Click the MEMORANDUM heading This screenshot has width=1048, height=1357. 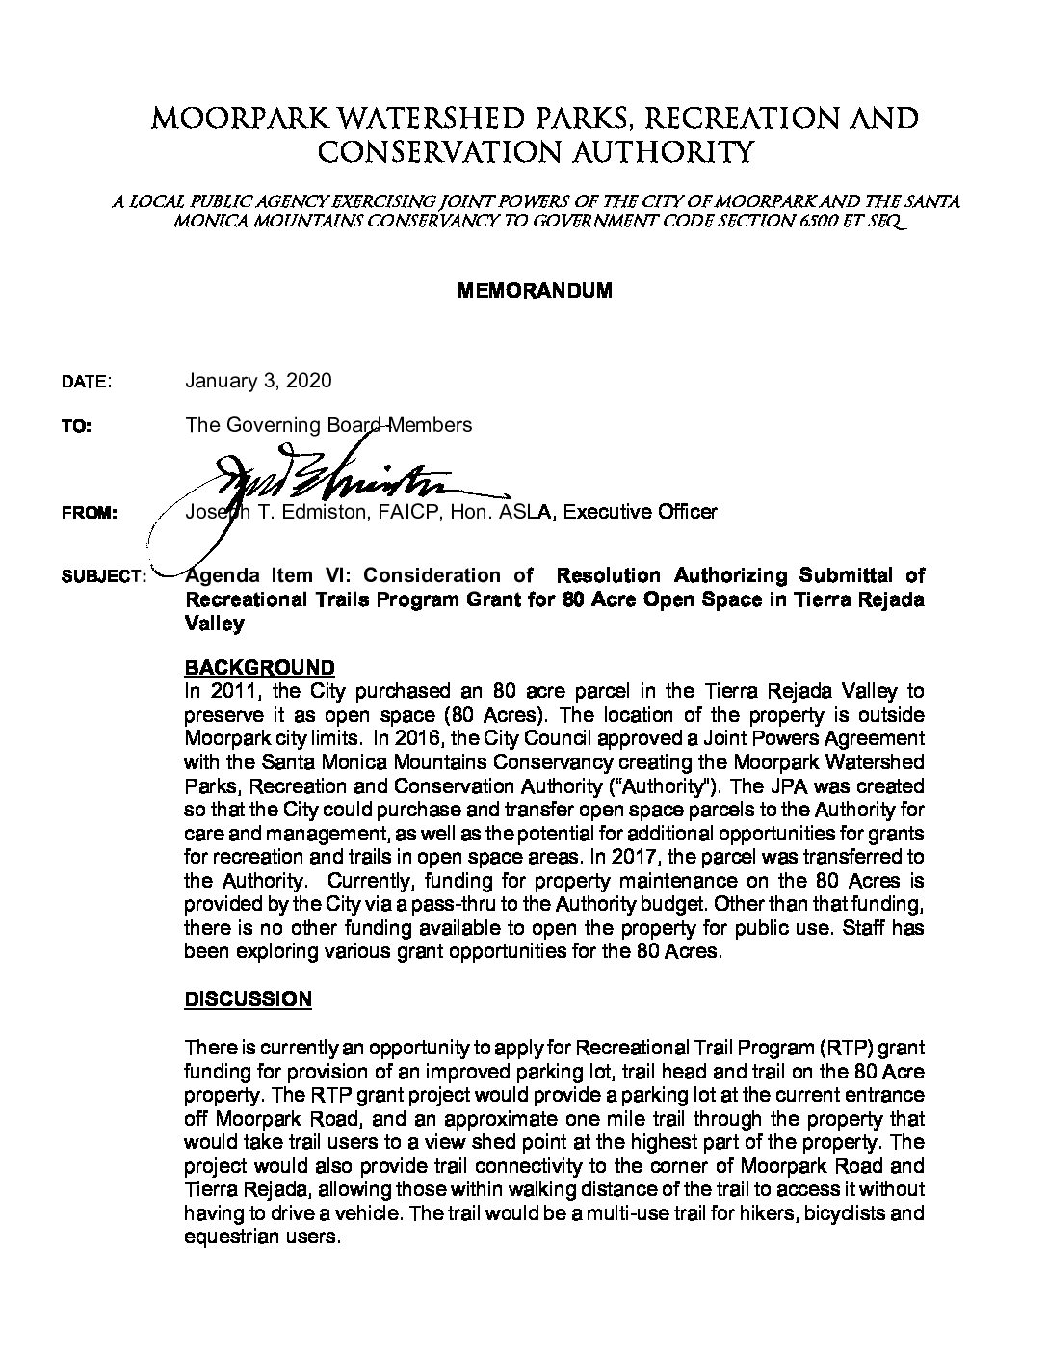pos(534,290)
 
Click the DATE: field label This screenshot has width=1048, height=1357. pos(87,382)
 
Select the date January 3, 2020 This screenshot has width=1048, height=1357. pos(257,381)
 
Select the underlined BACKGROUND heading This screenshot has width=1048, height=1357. pos(259,668)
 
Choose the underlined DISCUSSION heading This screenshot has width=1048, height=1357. pos(248,999)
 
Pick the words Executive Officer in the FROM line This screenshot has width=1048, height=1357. pos(640,512)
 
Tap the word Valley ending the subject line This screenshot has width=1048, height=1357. pos(214,624)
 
